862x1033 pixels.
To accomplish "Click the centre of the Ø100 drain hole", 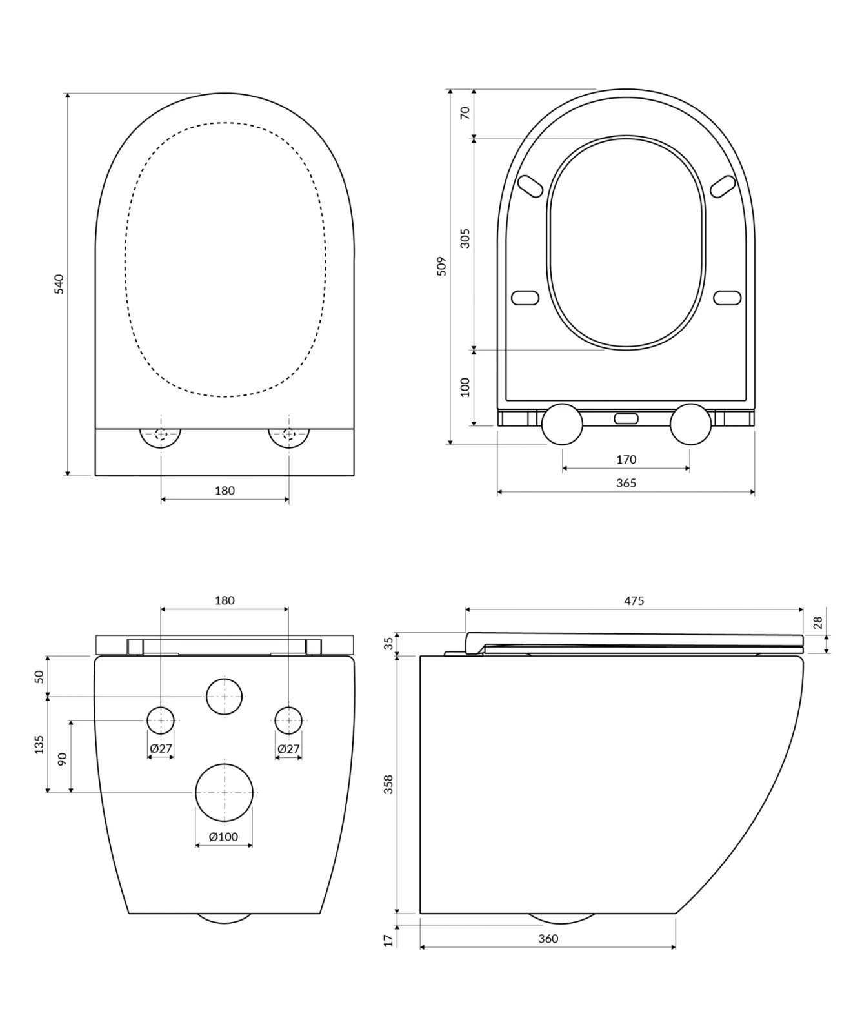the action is [x=224, y=792].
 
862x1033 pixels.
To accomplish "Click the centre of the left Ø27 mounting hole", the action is [x=161, y=720].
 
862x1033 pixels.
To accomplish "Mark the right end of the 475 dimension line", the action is [x=803, y=609].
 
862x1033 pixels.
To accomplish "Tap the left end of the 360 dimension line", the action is [x=420, y=947].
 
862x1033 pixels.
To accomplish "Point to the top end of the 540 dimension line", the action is [x=67, y=93].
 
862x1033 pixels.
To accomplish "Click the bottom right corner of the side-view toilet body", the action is [x=676, y=913].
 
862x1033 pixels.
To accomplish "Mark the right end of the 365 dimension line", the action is [x=754, y=492].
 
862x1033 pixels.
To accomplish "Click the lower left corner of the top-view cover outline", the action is [x=95, y=475].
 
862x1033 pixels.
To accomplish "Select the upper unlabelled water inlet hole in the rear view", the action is [x=224, y=697].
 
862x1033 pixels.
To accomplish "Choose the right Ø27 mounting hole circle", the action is [x=288, y=720].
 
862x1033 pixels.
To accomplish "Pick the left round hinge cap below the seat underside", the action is [x=562, y=424].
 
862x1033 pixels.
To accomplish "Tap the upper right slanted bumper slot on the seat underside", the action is [x=723, y=186].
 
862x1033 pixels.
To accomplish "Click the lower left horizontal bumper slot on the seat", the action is [x=525, y=298].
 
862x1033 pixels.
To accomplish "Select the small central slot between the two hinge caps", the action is [x=626, y=418].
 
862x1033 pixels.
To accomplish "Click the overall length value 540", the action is [x=59, y=284].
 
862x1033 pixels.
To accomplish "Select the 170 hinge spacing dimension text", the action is [x=626, y=460].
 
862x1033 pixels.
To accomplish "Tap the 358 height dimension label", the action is [x=388, y=784].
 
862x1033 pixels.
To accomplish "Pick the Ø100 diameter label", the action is [x=224, y=837].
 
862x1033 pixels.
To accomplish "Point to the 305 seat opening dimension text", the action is [x=465, y=238].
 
